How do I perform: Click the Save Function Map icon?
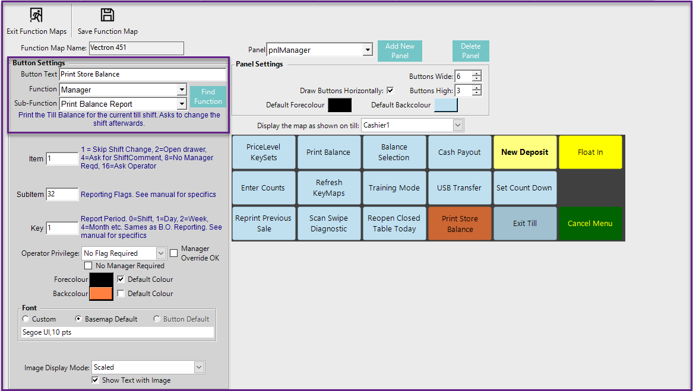click(107, 15)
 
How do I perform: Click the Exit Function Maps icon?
click(37, 15)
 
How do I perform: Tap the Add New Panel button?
click(400, 51)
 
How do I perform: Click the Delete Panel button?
click(471, 51)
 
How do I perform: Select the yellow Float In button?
click(590, 152)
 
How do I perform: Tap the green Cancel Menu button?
click(590, 224)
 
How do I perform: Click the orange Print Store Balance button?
click(460, 224)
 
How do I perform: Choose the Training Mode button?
click(394, 187)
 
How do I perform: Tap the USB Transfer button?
click(460, 187)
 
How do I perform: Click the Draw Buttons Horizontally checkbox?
click(390, 91)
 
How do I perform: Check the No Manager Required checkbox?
click(88, 266)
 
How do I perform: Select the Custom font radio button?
click(26, 319)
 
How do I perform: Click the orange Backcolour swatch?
click(101, 294)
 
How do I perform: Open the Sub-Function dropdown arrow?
click(182, 104)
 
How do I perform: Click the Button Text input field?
click(143, 74)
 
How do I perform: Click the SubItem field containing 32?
click(62, 195)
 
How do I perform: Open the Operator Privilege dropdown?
click(124, 253)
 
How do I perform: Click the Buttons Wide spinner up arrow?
click(476, 74)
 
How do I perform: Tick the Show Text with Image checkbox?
click(96, 380)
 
